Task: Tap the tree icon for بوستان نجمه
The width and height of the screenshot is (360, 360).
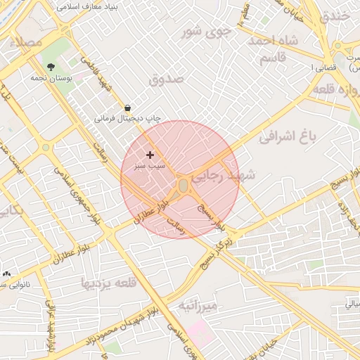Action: (x=51, y=67)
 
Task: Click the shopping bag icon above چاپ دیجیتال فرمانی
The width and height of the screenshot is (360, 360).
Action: (x=127, y=108)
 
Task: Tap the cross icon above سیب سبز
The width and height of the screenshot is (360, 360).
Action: (x=150, y=154)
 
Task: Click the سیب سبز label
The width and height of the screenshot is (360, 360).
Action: (x=151, y=166)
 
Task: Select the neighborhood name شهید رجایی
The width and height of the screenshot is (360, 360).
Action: (x=225, y=176)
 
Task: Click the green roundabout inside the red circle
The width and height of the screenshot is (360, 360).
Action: (x=184, y=186)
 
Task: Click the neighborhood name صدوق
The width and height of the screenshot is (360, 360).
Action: (x=167, y=78)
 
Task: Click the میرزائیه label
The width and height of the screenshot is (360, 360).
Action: (x=198, y=306)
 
